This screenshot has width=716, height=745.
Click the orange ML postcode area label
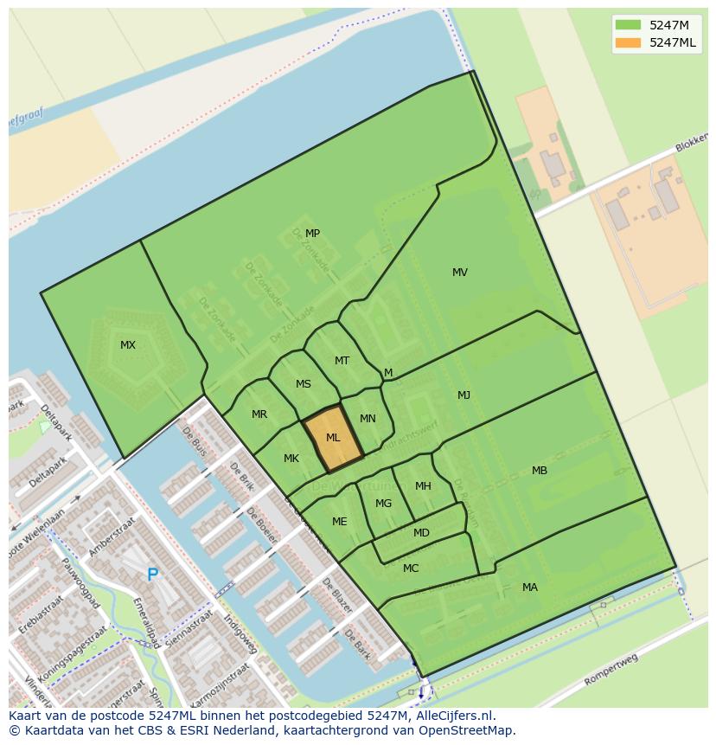click(333, 438)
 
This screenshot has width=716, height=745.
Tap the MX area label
click(128, 345)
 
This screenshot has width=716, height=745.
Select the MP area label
click(312, 234)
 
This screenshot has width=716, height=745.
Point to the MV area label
click(460, 273)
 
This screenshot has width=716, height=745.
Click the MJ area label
click(464, 395)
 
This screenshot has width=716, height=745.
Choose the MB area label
click(540, 471)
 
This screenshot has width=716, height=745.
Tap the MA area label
click(530, 588)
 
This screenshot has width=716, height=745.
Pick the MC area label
click(411, 568)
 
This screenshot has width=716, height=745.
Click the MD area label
click(421, 533)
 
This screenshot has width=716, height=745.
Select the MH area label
click(423, 486)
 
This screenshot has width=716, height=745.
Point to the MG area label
click(384, 504)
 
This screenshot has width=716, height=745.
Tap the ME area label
click(340, 522)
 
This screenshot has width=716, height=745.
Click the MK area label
click(291, 459)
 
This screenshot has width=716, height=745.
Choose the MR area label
click(259, 414)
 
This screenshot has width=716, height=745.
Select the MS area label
click(304, 384)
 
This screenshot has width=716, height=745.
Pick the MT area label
click(342, 361)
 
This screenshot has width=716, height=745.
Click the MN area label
click(368, 419)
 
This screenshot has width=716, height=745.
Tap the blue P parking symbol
click(152, 575)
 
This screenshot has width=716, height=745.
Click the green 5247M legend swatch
click(629, 25)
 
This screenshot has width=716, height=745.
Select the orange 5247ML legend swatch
click(629, 42)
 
